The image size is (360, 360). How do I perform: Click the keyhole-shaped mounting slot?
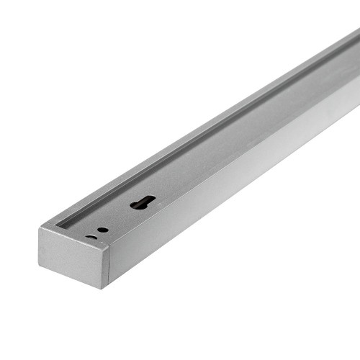(142, 203)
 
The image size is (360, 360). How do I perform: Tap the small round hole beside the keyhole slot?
(103, 230)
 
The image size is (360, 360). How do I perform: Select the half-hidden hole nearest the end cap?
(91, 236)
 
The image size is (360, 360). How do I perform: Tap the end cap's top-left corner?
(40, 228)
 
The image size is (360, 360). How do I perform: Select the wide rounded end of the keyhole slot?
(148, 200)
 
